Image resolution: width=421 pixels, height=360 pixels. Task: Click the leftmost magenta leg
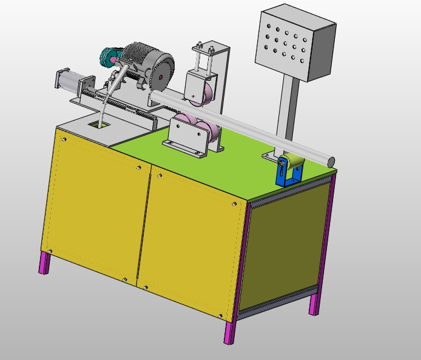click(x=44, y=262)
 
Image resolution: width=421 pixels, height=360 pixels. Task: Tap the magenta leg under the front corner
click(x=229, y=330)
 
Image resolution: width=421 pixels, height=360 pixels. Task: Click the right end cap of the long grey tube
click(x=331, y=161)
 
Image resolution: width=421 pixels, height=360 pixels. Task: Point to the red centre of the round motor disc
click(x=161, y=76)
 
